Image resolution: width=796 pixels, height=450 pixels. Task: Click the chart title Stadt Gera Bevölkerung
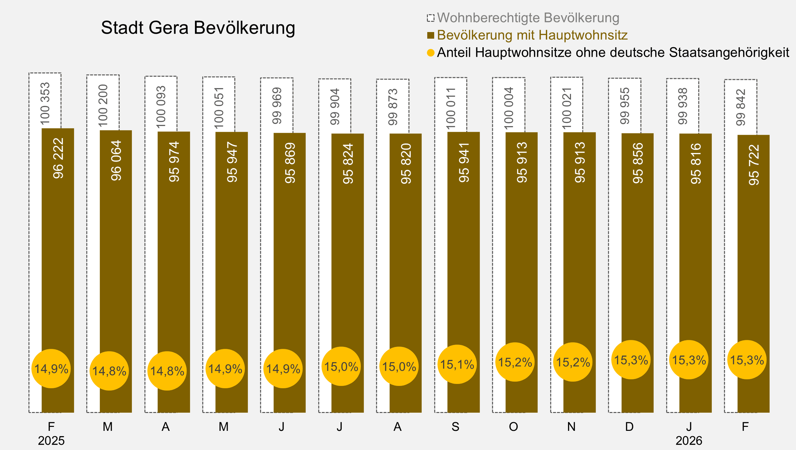pyautogui.click(x=198, y=28)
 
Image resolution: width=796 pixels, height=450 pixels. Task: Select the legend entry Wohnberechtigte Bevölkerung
pyautogui.click(x=528, y=18)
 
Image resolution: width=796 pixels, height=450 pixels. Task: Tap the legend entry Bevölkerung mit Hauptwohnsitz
pyautogui.click(x=532, y=35)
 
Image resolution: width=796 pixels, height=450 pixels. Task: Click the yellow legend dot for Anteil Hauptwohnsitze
pyautogui.click(x=431, y=53)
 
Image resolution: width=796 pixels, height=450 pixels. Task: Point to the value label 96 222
pyautogui.click(x=58, y=158)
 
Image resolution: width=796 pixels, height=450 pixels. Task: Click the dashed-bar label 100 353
pyautogui.click(x=45, y=104)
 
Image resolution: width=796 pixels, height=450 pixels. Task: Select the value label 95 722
pyautogui.click(x=754, y=165)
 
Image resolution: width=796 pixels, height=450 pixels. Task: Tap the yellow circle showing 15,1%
pyautogui.click(x=457, y=364)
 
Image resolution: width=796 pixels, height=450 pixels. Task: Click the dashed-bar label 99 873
pyautogui.click(x=393, y=107)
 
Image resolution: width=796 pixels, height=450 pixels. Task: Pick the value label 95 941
pyautogui.click(x=464, y=163)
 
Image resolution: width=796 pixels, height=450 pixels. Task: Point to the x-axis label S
pyautogui.click(x=455, y=427)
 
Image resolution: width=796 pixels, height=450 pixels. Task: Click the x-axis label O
pyautogui.click(x=513, y=427)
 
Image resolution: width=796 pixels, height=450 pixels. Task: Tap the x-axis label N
pyautogui.click(x=571, y=427)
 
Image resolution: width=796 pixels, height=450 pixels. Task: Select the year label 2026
pyautogui.click(x=689, y=441)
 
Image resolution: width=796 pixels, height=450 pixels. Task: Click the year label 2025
pyautogui.click(x=51, y=441)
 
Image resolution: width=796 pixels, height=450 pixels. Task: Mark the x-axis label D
pyautogui.click(x=629, y=427)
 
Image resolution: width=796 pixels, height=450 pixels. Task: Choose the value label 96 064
pyautogui.click(x=116, y=161)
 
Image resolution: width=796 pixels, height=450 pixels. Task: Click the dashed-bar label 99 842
pyautogui.click(x=741, y=107)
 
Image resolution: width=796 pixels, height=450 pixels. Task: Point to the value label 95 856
pyautogui.click(x=638, y=163)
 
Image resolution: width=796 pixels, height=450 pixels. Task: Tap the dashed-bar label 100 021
pyautogui.click(x=567, y=108)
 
